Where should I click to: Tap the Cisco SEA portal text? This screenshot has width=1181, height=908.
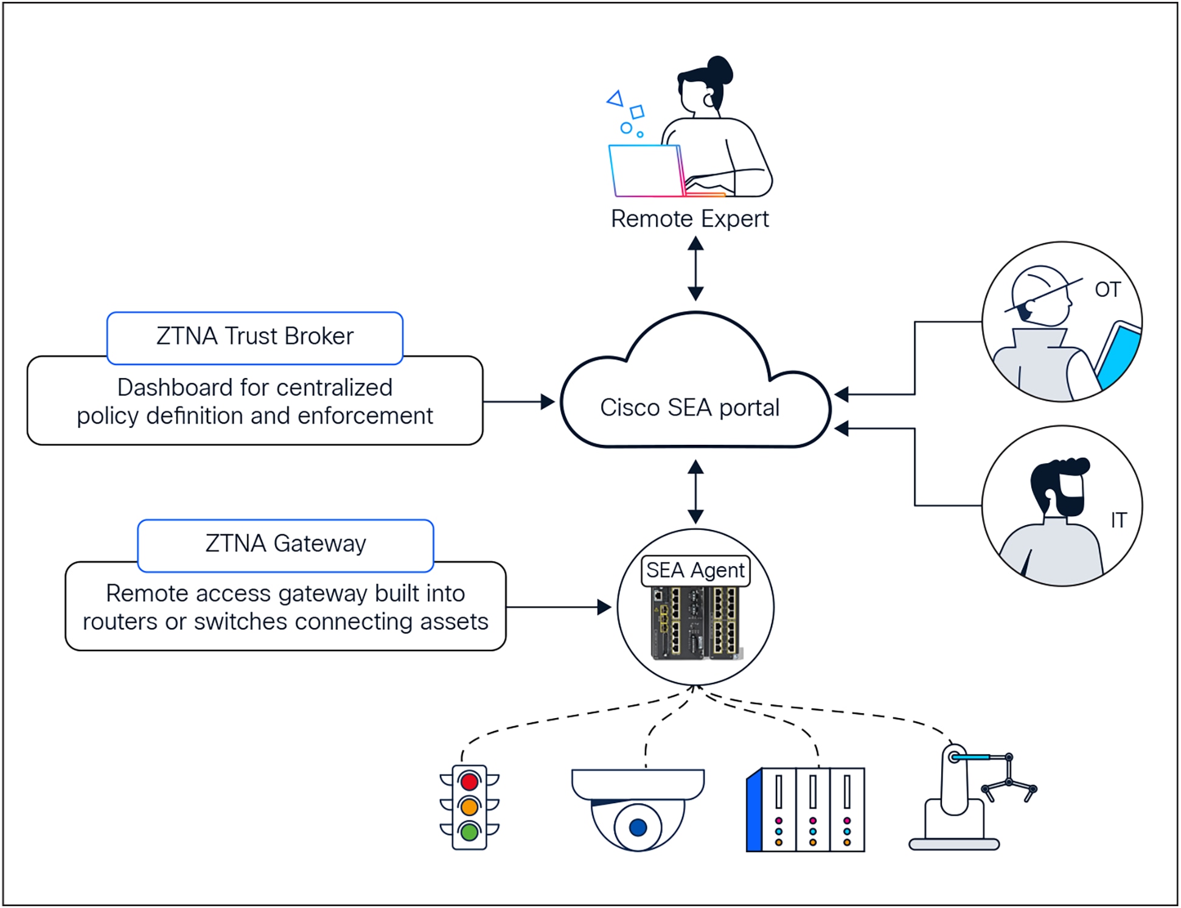[x=689, y=408]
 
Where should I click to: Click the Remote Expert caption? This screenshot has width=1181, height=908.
[x=689, y=219]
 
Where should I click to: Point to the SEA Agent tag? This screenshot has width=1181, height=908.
[x=695, y=571]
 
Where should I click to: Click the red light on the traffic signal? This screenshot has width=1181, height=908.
[x=469, y=782]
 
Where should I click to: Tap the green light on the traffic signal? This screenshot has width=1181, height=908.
[x=469, y=831]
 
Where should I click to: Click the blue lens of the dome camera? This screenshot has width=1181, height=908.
[x=638, y=828]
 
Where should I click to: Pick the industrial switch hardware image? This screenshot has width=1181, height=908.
[x=695, y=623]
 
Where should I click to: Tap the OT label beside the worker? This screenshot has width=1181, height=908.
[x=1107, y=290]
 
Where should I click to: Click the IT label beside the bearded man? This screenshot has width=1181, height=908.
[x=1118, y=520]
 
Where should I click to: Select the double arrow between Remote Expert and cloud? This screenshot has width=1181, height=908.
[x=695, y=269]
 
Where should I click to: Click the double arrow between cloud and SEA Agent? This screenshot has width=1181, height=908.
[x=695, y=492]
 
